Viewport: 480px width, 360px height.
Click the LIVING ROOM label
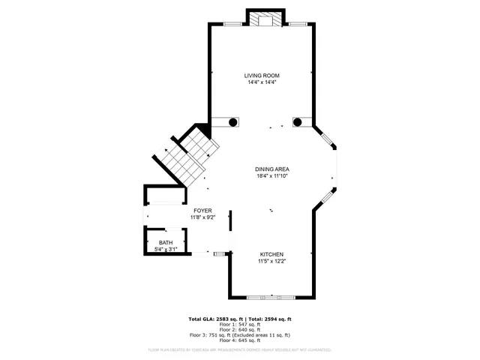pyautogui.click(x=262, y=75)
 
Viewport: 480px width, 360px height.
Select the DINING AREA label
pyautogui.click(x=272, y=169)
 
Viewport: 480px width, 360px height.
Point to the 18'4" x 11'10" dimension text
pyautogui.click(x=272, y=176)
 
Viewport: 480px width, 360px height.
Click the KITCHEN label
pyautogui.click(x=272, y=254)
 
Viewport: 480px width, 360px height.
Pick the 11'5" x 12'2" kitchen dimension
pyautogui.click(x=272, y=261)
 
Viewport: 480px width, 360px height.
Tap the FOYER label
pyautogui.click(x=202, y=211)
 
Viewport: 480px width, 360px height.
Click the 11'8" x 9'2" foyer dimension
pyautogui.click(x=202, y=217)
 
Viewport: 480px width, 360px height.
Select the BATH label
pyautogui.click(x=165, y=242)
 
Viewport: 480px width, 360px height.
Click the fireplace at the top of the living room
pyautogui.click(x=266, y=19)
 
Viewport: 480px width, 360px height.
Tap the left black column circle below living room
pyautogui.click(x=233, y=121)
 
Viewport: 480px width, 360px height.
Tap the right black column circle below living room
pyautogui.click(x=297, y=121)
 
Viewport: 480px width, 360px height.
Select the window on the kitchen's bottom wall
pyautogui.click(x=271, y=298)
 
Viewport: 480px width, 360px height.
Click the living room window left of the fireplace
pyautogui.click(x=233, y=25)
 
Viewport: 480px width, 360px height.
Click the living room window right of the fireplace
pyautogui.click(x=298, y=25)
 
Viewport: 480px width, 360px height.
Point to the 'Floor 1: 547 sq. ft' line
pyautogui.click(x=239, y=325)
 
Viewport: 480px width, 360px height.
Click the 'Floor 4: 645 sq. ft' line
pyautogui.click(x=239, y=340)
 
